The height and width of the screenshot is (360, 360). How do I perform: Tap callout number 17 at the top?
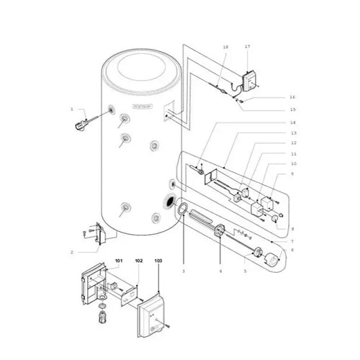coord(247,46)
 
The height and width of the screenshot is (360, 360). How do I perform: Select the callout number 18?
coord(225,46)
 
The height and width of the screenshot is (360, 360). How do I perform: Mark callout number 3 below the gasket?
coord(184,271)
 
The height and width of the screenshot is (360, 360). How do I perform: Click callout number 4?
coord(220,271)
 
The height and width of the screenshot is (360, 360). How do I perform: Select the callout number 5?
coord(246,271)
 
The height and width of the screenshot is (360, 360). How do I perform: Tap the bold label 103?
coord(158,259)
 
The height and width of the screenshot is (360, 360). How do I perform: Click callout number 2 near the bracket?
coord(72,252)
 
